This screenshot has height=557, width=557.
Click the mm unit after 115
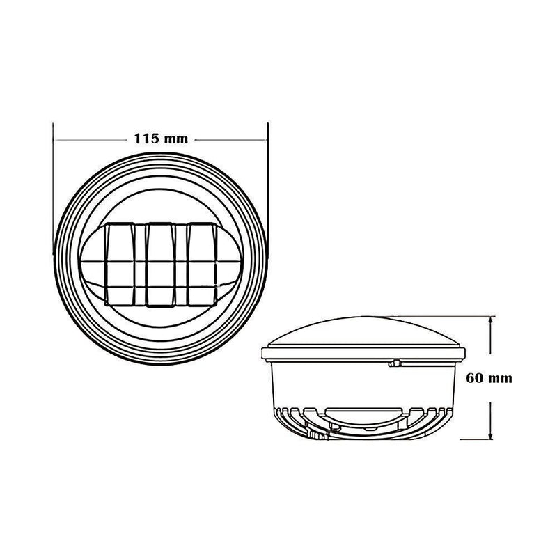pyautogui.click(x=177, y=139)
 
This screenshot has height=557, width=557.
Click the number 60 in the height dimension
pyautogui.click(x=475, y=378)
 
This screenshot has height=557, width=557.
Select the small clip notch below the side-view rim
pyautogui.click(x=394, y=363)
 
